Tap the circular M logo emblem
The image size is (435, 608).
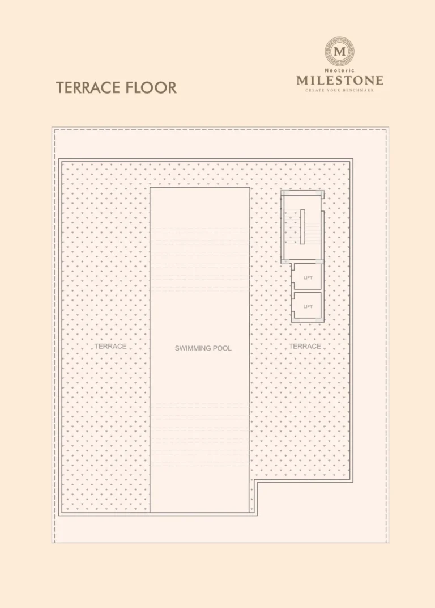pyautogui.click(x=340, y=51)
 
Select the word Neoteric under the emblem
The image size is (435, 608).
pyautogui.click(x=340, y=71)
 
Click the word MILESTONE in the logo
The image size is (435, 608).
pyautogui.click(x=340, y=81)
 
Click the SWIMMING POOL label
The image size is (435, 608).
pyautogui.click(x=203, y=348)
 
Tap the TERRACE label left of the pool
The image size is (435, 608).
pyautogui.click(x=110, y=346)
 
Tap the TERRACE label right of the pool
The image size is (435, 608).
pyautogui.click(x=305, y=346)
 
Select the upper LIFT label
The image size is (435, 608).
pyautogui.click(x=308, y=278)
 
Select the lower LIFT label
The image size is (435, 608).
pyautogui.click(x=308, y=307)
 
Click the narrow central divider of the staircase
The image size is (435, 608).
pyautogui.click(x=302, y=227)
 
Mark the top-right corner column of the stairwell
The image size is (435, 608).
pyautogui.click(x=321, y=193)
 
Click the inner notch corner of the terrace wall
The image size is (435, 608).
pyautogui.click(x=255, y=482)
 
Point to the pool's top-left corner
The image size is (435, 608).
pyautogui.click(x=150, y=188)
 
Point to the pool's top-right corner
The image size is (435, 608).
pyautogui.click(x=250, y=188)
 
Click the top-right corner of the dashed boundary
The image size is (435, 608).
pyautogui.click(x=387, y=130)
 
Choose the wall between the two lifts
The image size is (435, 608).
pyautogui.click(x=307, y=291)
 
